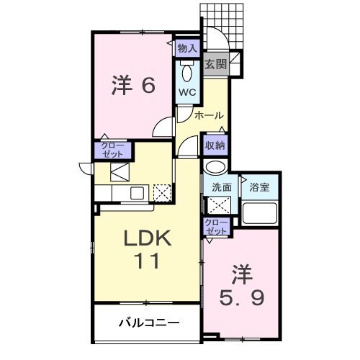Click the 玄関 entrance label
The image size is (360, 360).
(215, 64)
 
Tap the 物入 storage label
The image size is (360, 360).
(186, 48)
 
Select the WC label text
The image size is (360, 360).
(186, 92)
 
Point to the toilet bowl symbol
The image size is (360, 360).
(187, 73)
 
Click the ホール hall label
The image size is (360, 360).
(209, 115)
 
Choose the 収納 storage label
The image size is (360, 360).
(215, 145)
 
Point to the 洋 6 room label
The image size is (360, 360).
(132, 86)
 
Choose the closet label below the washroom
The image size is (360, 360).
(215, 226)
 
